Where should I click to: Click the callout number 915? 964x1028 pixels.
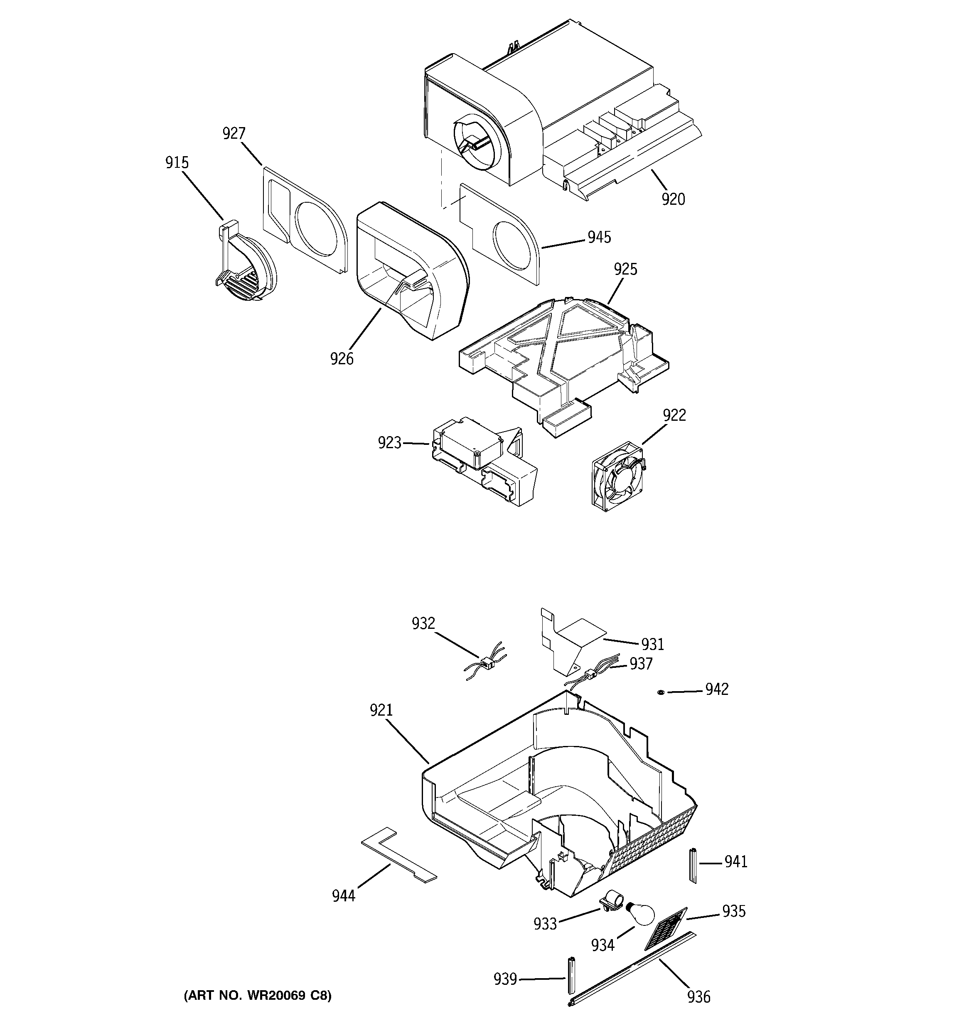[177, 163]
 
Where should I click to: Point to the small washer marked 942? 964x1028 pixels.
[661, 692]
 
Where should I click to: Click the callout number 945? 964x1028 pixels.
[599, 237]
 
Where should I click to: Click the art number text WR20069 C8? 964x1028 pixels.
[258, 996]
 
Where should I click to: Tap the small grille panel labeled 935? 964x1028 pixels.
[665, 928]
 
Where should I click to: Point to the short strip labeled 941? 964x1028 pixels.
[692, 866]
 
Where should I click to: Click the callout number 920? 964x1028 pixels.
[673, 199]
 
